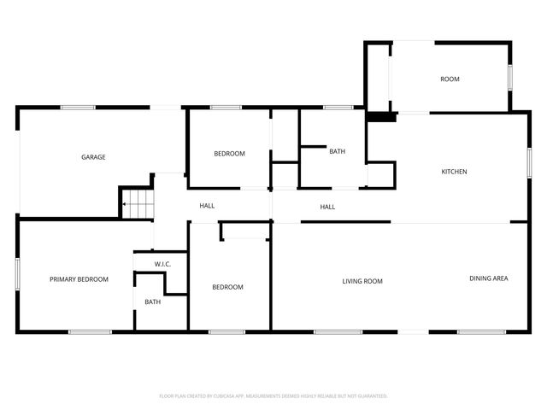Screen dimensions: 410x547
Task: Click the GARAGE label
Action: pos(93,157)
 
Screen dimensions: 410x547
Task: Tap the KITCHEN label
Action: pos(454,172)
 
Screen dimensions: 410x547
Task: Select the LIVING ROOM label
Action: pos(362,281)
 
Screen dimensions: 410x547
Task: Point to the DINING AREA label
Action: pos(489,278)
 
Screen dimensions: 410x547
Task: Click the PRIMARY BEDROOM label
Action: pos(79,279)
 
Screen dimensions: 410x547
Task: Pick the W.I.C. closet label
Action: pos(162,264)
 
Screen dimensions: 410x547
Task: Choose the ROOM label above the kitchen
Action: pos(450,79)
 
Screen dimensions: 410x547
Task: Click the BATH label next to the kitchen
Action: pos(337,152)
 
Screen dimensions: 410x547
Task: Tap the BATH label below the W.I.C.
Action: pos(152,302)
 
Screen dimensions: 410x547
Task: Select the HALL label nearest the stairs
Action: pos(207,206)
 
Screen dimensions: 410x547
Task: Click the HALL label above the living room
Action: pos(327,207)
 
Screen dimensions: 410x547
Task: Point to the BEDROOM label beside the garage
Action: pos(229,154)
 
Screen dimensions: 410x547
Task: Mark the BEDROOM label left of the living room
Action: pos(227,287)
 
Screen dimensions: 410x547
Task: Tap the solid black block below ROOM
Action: pos(382,117)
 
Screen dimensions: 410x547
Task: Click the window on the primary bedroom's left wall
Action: pos(17,278)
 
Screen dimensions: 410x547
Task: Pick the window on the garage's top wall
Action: pos(77,108)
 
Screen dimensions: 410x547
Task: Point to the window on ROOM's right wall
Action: pos(510,77)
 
